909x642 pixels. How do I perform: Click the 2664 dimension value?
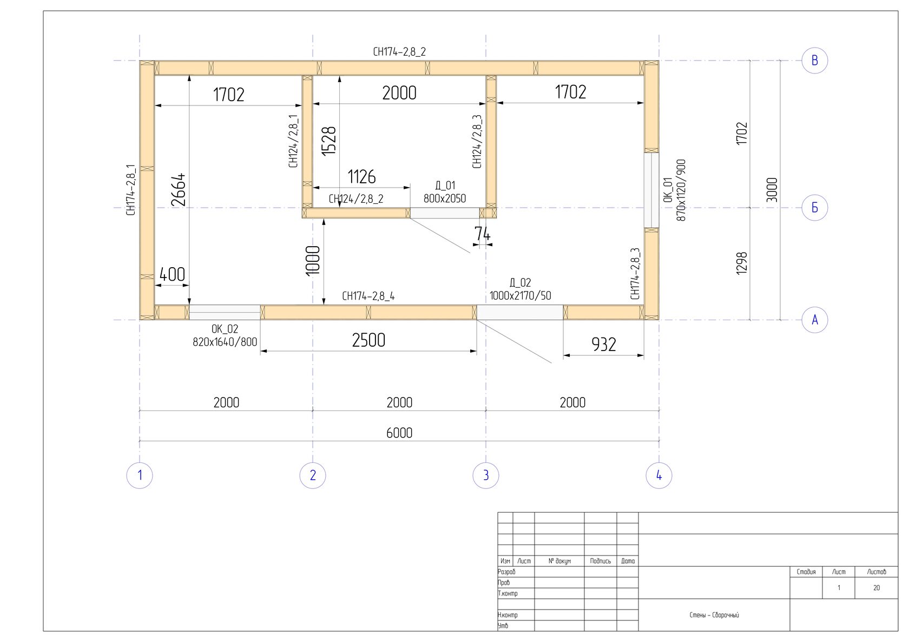(x=178, y=190)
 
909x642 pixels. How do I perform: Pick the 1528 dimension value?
(x=329, y=141)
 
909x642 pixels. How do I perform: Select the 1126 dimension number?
(x=361, y=177)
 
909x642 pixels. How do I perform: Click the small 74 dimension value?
(x=483, y=234)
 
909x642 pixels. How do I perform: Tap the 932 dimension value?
(x=604, y=345)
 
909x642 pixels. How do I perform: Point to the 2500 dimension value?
(x=368, y=340)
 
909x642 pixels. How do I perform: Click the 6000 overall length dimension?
(x=399, y=433)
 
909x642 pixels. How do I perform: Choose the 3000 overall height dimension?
(x=772, y=190)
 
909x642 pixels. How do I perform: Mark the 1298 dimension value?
(x=742, y=263)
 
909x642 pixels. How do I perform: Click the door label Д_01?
(x=445, y=186)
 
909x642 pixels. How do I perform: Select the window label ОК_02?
(x=225, y=328)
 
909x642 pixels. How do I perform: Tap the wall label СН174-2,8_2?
(x=399, y=51)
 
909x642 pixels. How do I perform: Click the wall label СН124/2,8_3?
(x=477, y=141)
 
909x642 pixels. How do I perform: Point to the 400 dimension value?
(x=172, y=275)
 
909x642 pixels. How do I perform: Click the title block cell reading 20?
(x=877, y=588)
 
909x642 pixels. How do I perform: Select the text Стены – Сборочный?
(x=714, y=615)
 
